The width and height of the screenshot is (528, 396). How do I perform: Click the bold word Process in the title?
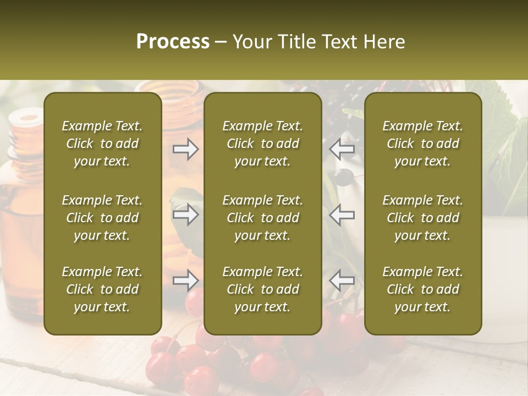(173, 42)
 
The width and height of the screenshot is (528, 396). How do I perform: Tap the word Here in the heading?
(384, 42)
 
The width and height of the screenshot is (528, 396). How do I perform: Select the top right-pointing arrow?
(185, 149)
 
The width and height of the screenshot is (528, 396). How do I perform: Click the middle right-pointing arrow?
(185, 215)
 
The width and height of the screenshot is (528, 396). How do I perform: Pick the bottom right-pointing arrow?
(185, 281)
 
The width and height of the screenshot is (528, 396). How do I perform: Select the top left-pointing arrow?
(342, 149)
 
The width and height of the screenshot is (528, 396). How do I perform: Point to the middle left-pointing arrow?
(342, 215)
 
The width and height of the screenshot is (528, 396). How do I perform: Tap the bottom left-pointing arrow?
(342, 281)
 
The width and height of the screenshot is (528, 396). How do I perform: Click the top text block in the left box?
(102, 144)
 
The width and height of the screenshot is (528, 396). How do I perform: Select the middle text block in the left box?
(102, 218)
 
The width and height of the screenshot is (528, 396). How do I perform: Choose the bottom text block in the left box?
(102, 289)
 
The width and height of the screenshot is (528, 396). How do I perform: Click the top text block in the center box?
(262, 144)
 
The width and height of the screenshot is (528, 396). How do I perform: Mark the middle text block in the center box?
(262, 218)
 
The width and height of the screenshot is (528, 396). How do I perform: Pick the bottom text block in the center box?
(262, 289)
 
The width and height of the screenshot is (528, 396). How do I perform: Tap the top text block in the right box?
(422, 144)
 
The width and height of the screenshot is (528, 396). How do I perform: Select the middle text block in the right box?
(422, 218)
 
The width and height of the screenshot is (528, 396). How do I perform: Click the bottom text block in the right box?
(422, 289)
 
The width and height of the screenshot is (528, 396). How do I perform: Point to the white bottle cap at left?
(24, 117)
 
